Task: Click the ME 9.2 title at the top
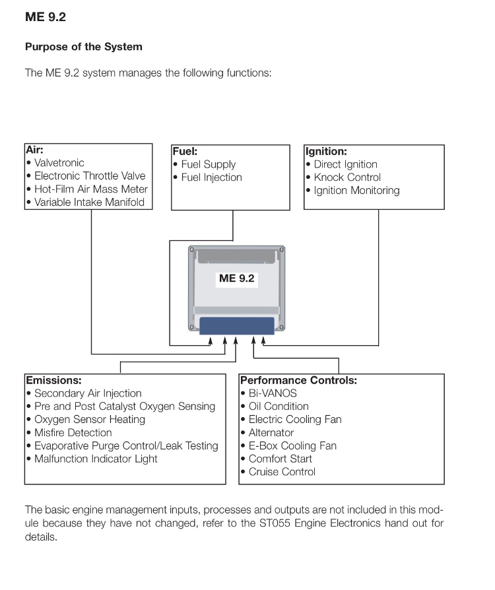coord(45,17)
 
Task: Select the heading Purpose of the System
coord(83,48)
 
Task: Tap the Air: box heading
coord(34,150)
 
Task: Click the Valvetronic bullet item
coord(59,163)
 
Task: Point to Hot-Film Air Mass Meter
coord(90,189)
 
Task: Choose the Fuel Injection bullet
coord(211,178)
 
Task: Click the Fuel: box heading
coord(185,151)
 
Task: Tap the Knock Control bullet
coord(347,178)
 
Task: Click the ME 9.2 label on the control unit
coord(236,279)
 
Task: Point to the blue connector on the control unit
coord(237,326)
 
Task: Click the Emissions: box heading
coord(53,380)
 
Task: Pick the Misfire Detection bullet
coord(73,433)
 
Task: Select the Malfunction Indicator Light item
coord(96,459)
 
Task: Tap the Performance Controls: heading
coord(298,380)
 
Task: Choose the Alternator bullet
coord(271,433)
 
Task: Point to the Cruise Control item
coord(282,472)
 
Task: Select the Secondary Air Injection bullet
coord(88,393)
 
